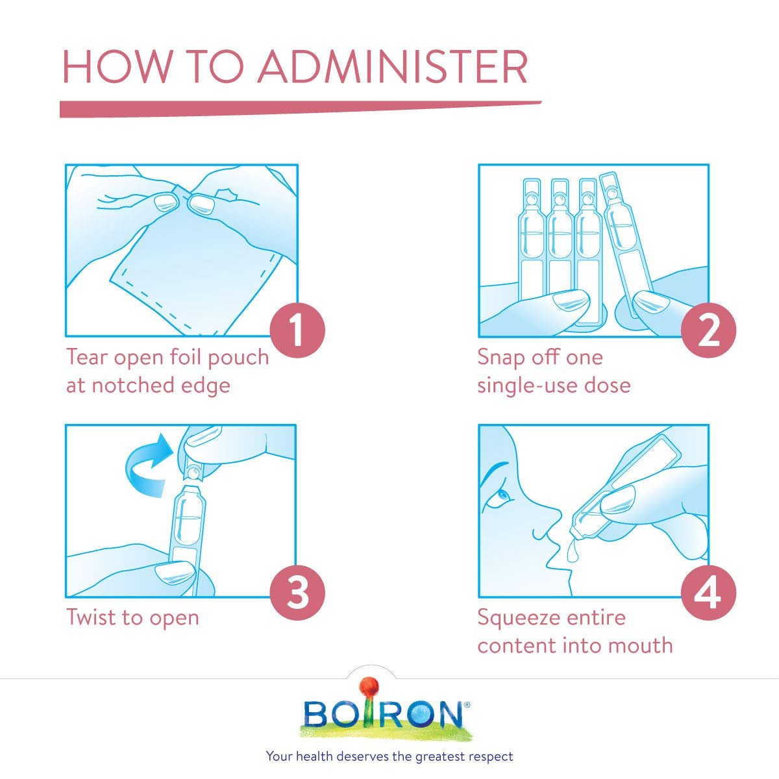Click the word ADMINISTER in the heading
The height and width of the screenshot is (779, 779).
393,67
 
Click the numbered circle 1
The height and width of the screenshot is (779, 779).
297,330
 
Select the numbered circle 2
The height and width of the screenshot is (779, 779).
708,330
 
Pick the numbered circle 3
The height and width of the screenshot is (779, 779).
297,593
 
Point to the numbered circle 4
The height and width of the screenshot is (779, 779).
708,593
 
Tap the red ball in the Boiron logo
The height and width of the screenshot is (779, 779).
370,689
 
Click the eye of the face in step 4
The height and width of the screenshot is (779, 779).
503,495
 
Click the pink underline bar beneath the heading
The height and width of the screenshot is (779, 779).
300,109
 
